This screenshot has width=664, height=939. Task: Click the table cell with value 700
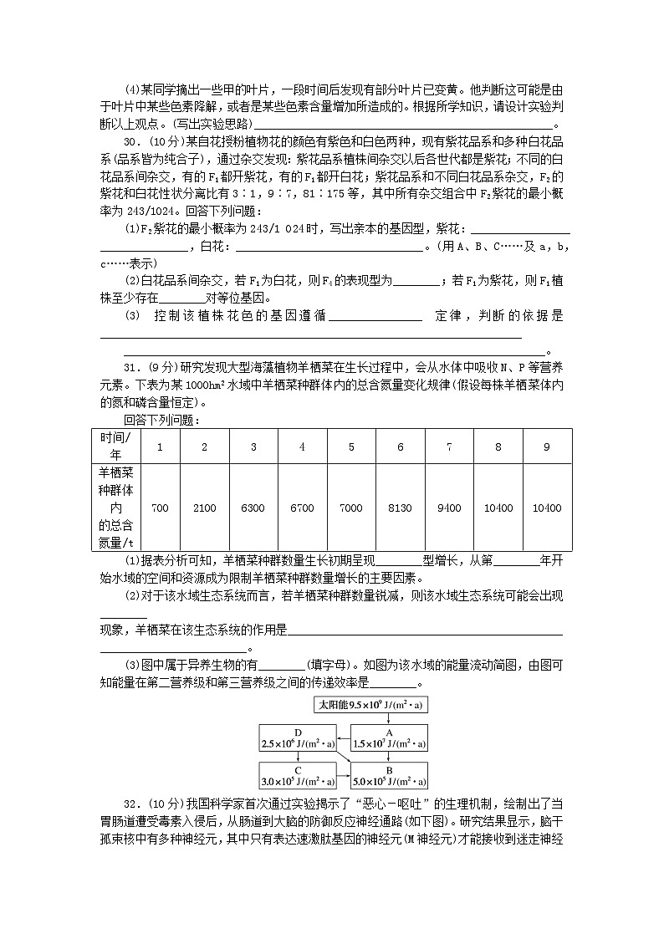pos(161,508)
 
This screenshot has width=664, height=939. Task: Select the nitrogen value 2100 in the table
pos(204,508)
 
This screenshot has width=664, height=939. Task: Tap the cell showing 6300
pos(253,508)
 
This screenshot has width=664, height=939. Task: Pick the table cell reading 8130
pos(400,508)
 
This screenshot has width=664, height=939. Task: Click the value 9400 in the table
pos(449,508)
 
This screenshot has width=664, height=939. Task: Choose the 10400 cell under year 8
pos(498,508)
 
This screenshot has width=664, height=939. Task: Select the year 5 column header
pos(351,447)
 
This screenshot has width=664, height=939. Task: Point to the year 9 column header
pos(547,447)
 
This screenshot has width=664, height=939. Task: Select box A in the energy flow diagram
pos(389,737)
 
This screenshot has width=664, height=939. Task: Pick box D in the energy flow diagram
pos(298,737)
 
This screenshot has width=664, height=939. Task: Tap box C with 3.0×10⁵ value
pos(298,776)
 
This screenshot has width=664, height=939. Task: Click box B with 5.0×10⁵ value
pos(389,776)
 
